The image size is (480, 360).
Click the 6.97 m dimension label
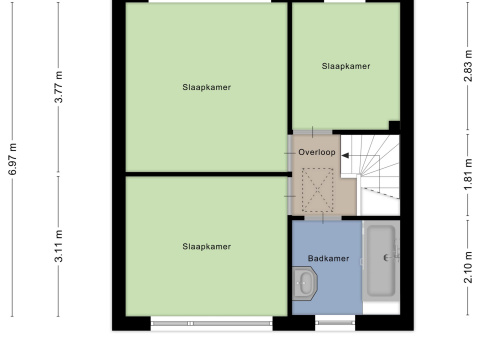pos(13,159)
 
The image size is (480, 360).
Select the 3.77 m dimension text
pos(59,87)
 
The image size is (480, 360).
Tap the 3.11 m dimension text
pos(59,246)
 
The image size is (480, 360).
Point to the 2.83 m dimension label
pos(468,65)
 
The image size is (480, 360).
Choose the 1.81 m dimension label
pos(468,174)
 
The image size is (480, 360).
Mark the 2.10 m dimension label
pos(468,267)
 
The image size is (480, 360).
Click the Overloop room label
pos(317,152)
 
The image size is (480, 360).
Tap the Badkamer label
pos(328,258)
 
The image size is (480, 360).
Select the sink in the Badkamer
pos(305,283)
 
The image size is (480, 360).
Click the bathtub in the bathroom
pos(381,261)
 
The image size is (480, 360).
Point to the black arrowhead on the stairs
pos(345,155)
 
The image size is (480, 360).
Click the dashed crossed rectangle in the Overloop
pos(318,190)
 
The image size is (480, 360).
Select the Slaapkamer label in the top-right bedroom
pos(346,66)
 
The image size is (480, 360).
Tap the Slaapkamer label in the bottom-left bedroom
pos(206,246)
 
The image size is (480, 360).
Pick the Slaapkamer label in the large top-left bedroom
pos(206,87)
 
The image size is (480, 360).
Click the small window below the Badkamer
pos(335,322)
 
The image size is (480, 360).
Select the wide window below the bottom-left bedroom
pos(212,323)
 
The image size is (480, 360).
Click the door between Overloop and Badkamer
pos(323,218)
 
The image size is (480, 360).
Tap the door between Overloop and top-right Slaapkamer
pos(312,132)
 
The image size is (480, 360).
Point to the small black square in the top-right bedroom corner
pos(395,126)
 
